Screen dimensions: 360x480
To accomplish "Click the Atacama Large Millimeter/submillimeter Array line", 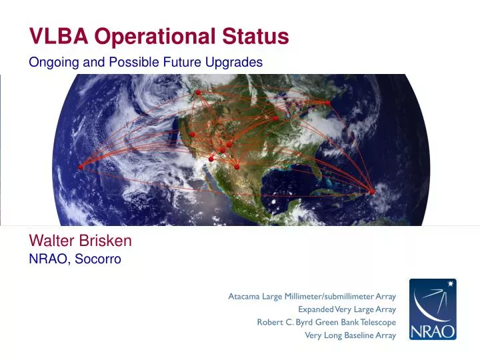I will [x=312, y=296].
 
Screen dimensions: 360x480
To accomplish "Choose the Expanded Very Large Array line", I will [x=347, y=309].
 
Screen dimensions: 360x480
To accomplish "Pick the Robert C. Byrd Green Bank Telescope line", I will [x=326, y=322].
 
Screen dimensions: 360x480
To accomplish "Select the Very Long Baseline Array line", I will [x=350, y=335].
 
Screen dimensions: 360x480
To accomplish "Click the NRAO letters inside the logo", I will [x=433, y=331].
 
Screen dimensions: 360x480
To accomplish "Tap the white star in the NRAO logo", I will [x=451, y=285].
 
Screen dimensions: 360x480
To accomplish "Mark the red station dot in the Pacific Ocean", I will [x=81, y=167].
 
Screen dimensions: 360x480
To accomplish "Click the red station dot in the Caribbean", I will [x=372, y=192].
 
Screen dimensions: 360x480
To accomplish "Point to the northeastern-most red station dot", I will [x=327, y=103].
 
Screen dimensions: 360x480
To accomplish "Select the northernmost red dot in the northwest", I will [x=198, y=92].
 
